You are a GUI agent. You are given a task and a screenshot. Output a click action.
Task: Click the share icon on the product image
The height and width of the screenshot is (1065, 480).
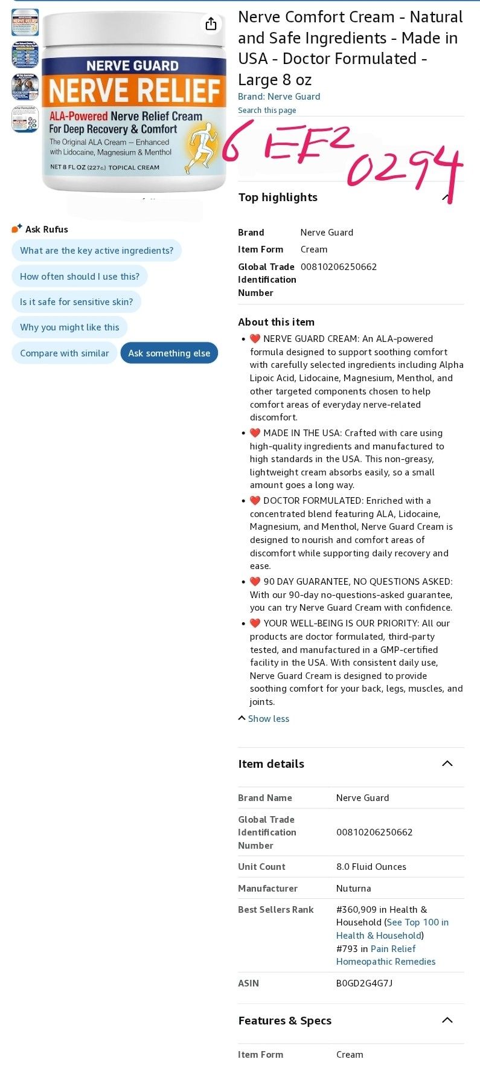(211, 24)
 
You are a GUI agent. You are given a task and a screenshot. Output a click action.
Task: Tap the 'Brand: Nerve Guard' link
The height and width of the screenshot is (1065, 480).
(279, 97)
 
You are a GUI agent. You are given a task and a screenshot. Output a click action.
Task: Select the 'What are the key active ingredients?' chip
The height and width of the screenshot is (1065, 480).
(97, 251)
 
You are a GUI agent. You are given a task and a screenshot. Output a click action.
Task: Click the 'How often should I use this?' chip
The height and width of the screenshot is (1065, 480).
(80, 277)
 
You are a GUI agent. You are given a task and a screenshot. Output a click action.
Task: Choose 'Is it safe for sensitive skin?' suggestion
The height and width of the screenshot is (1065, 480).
(76, 302)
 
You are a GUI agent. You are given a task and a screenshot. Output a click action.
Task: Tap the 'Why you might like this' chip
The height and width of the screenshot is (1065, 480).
(69, 327)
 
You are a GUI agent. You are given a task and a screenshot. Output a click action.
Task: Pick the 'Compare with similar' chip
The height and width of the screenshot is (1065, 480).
(65, 353)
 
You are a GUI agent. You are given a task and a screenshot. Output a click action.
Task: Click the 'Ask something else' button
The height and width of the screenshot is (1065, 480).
(169, 353)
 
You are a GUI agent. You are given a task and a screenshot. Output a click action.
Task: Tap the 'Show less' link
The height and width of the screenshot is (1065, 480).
(268, 719)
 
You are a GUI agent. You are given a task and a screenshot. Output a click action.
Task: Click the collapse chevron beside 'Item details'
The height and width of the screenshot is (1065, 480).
(447, 764)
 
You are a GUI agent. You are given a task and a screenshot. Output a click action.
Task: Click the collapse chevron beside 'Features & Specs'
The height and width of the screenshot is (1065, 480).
(447, 1020)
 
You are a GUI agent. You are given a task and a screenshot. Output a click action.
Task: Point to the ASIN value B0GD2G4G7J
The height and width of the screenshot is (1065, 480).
(364, 983)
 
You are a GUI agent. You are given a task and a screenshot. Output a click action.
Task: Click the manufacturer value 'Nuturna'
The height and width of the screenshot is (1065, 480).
(353, 889)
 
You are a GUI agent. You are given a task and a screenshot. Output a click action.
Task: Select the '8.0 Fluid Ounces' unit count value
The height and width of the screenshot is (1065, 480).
(371, 867)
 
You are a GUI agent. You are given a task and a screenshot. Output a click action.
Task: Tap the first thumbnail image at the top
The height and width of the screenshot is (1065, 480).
(25, 22)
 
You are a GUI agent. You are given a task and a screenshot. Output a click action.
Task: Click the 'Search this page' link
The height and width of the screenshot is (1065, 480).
(267, 111)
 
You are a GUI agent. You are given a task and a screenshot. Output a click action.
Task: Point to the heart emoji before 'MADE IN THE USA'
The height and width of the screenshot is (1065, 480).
(255, 433)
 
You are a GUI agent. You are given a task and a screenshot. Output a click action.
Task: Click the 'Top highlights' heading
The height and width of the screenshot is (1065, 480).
(278, 198)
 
